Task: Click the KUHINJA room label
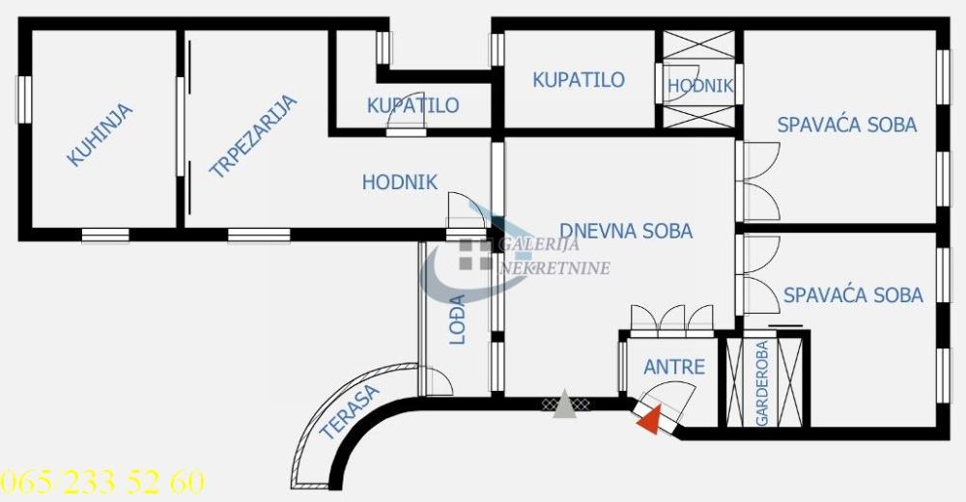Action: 99,135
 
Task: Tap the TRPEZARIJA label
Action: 253,137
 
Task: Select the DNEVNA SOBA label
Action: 626,231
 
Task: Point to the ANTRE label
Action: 674,367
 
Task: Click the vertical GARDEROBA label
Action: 762,383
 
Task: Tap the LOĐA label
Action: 458,319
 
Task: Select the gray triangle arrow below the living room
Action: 564,406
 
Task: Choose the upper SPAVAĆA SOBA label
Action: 847,125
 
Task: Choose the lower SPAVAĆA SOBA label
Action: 853,294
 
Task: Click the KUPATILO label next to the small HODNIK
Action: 579,80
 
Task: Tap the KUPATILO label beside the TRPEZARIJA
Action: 412,105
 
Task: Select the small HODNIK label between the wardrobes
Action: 700,85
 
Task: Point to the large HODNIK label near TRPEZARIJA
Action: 400,181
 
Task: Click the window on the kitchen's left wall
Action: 24,99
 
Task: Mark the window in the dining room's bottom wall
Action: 259,235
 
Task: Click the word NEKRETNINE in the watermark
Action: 553,267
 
